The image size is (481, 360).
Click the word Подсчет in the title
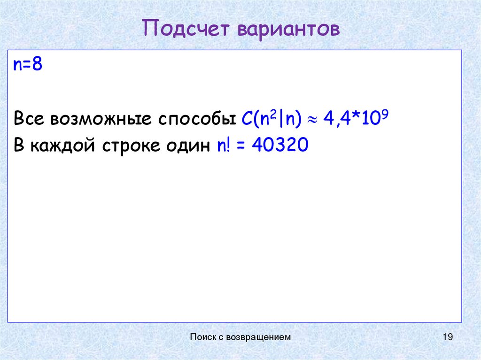pos(186,29)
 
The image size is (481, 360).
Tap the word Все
pos(29,118)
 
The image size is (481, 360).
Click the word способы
pos(197,119)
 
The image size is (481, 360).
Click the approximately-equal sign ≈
pos(312,120)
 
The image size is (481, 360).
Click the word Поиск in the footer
pos(202,337)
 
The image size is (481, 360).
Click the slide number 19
pos(447,337)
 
